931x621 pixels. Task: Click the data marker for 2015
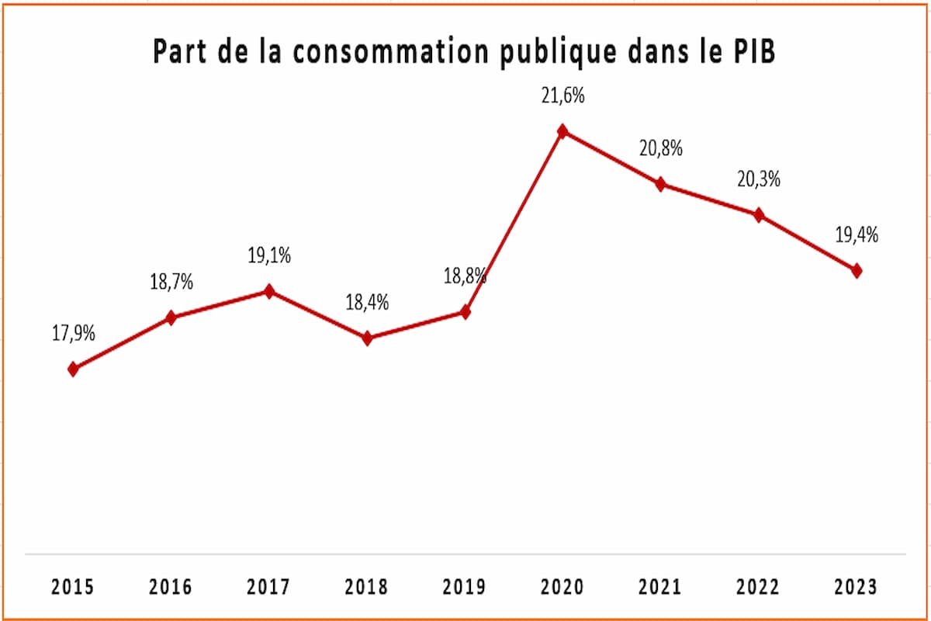pos(74,369)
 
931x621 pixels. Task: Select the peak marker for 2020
pos(562,131)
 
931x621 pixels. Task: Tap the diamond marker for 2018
pos(368,338)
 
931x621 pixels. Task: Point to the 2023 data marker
pos(857,270)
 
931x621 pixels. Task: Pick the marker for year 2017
pos(269,291)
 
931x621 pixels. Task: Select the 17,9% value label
pos(74,334)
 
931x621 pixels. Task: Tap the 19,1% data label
pos(269,256)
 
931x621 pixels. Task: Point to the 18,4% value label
pos(368,302)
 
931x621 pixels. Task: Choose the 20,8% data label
pos(661,148)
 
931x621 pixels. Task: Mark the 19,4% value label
pos(857,235)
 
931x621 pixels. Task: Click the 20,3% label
pos(759,179)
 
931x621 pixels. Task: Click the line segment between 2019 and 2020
pos(514,221)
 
